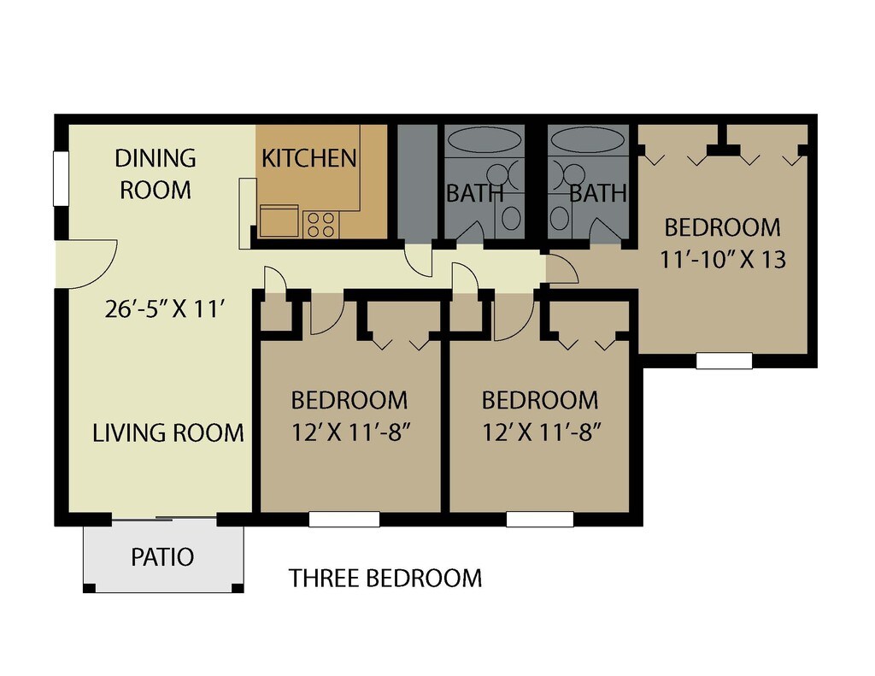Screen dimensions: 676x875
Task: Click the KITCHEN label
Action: [x=308, y=158]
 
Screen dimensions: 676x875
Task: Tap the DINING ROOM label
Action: [x=156, y=173]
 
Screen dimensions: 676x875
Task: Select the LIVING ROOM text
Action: [x=168, y=432]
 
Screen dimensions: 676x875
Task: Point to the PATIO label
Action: [x=162, y=557]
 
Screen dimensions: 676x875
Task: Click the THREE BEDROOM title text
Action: [x=385, y=579]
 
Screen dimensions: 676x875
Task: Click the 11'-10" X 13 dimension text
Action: [x=723, y=259]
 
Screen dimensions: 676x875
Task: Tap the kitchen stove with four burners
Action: [x=321, y=224]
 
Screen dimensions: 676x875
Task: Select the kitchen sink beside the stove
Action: [x=279, y=221]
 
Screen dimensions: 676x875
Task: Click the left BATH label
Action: [x=474, y=193]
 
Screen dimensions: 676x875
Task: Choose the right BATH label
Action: [x=598, y=193]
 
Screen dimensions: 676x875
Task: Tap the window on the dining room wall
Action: [x=61, y=179]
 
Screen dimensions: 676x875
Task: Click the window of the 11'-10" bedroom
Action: [x=724, y=361]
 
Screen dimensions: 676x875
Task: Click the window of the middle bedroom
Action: [x=540, y=519]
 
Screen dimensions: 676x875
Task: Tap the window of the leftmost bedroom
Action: [x=344, y=519]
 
